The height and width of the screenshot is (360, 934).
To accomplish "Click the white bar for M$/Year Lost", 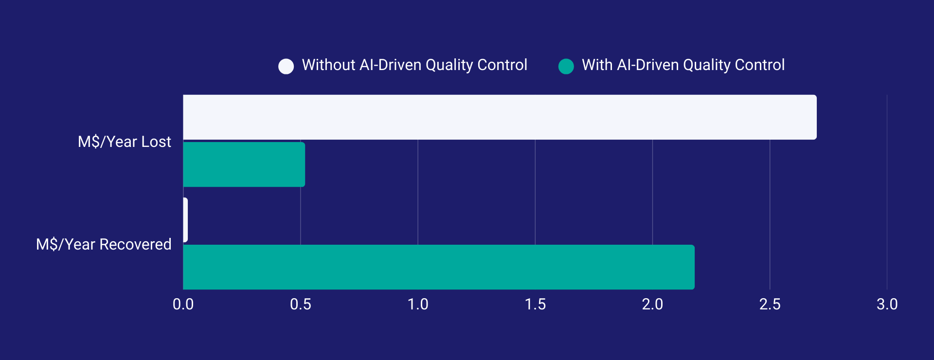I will [x=500, y=117].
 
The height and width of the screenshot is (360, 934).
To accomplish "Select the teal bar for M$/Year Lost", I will [x=244, y=164].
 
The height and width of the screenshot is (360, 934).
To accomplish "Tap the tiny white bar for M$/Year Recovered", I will [x=185, y=220].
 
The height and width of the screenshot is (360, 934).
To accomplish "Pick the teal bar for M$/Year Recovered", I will [x=439, y=267].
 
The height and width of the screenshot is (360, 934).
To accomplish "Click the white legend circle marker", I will [x=286, y=66].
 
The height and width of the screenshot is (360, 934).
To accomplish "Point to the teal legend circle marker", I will [x=566, y=66].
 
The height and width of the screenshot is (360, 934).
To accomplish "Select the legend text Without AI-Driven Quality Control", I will [x=414, y=65].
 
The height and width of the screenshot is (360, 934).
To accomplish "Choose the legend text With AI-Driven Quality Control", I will [x=683, y=65].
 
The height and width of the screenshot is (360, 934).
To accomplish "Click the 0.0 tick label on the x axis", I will [x=183, y=305].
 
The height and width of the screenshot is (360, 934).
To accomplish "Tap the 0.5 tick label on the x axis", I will [x=301, y=305].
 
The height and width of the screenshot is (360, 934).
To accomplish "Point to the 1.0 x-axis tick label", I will [x=418, y=305].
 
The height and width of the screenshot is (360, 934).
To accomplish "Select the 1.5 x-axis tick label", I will [x=535, y=305].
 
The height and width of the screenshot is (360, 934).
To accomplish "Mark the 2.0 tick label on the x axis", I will [x=652, y=305].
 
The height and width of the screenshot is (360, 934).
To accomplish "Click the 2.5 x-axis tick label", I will [x=770, y=305].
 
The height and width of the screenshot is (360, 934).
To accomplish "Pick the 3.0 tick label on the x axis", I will [x=887, y=305].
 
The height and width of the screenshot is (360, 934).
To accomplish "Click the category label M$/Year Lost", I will [x=125, y=142].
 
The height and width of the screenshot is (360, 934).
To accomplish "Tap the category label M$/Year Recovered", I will [x=104, y=244].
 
